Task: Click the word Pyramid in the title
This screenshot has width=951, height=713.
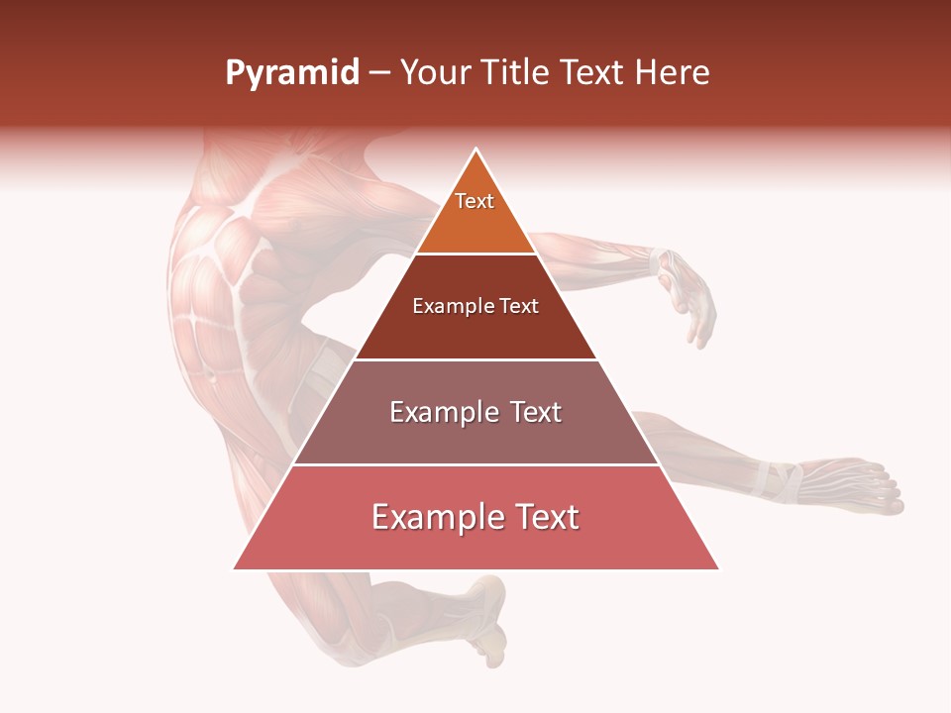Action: pyautogui.click(x=291, y=73)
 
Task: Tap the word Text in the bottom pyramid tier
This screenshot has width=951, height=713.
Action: pyautogui.click(x=543, y=517)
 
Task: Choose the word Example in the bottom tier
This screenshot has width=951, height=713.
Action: pyautogui.click(x=436, y=517)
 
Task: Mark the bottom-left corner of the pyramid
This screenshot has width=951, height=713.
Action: pyautogui.click(x=235, y=568)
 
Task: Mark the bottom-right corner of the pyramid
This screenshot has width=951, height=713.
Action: pyautogui.click(x=718, y=568)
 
